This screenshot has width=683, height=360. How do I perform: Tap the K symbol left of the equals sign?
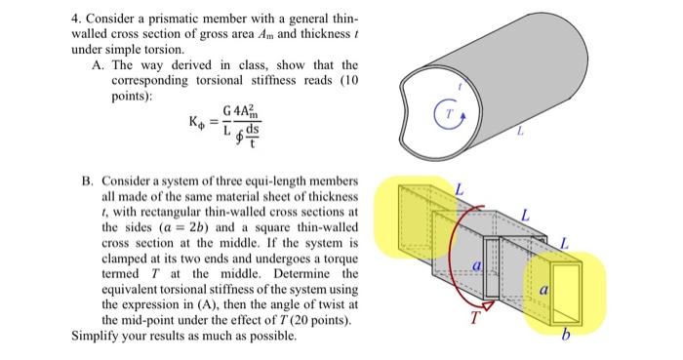[x=195, y=124]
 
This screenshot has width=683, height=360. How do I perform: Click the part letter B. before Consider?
[x=87, y=181]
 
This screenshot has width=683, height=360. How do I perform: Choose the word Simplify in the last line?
[x=97, y=335]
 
